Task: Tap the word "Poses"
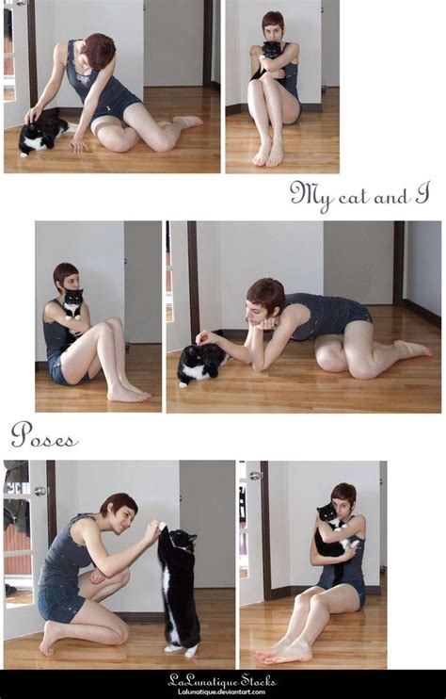coord(44,435)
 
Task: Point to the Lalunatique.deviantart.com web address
coord(222,691)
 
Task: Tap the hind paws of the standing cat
coord(182,651)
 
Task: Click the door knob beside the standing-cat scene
coord(40,491)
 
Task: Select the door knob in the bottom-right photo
coord(255,476)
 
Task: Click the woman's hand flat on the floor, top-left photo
coord(79,145)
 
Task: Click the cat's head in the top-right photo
coord(271,49)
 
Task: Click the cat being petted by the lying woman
coord(201,362)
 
